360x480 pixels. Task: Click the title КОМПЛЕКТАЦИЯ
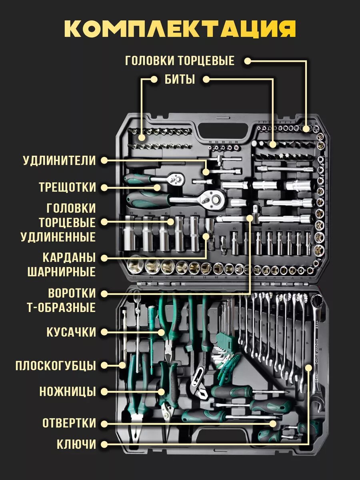point(180,29)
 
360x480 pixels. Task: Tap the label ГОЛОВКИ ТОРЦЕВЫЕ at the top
point(180,61)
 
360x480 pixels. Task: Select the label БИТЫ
point(180,80)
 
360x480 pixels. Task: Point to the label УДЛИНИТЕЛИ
point(60,161)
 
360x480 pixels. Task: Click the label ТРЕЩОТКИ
point(68,187)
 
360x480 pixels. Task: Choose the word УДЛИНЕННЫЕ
point(58,237)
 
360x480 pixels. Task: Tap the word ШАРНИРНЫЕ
point(62,272)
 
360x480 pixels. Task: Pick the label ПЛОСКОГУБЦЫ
point(56,366)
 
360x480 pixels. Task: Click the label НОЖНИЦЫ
point(68,391)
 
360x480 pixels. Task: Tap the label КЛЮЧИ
point(76,444)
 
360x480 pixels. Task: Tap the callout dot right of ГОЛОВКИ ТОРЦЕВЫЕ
point(248,61)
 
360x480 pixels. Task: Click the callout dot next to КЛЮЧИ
point(104,444)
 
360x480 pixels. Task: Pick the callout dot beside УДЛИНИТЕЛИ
point(104,161)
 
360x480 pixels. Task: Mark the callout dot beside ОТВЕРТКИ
point(104,423)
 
